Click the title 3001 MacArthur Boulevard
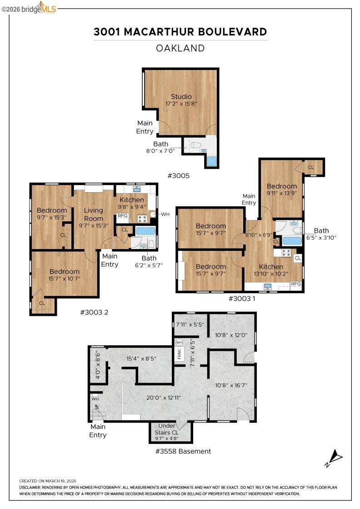[x=180, y=32]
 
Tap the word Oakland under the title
[x=180, y=48]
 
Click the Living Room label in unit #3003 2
[x=93, y=215]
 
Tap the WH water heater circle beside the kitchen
[x=154, y=215]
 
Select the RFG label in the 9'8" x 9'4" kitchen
[x=123, y=216]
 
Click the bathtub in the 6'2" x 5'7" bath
[x=145, y=230]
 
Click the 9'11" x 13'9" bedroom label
[x=281, y=190]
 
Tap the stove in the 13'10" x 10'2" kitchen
[x=286, y=252]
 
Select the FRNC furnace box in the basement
[x=179, y=354]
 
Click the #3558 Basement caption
[x=183, y=451]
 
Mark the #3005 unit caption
[x=178, y=175]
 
